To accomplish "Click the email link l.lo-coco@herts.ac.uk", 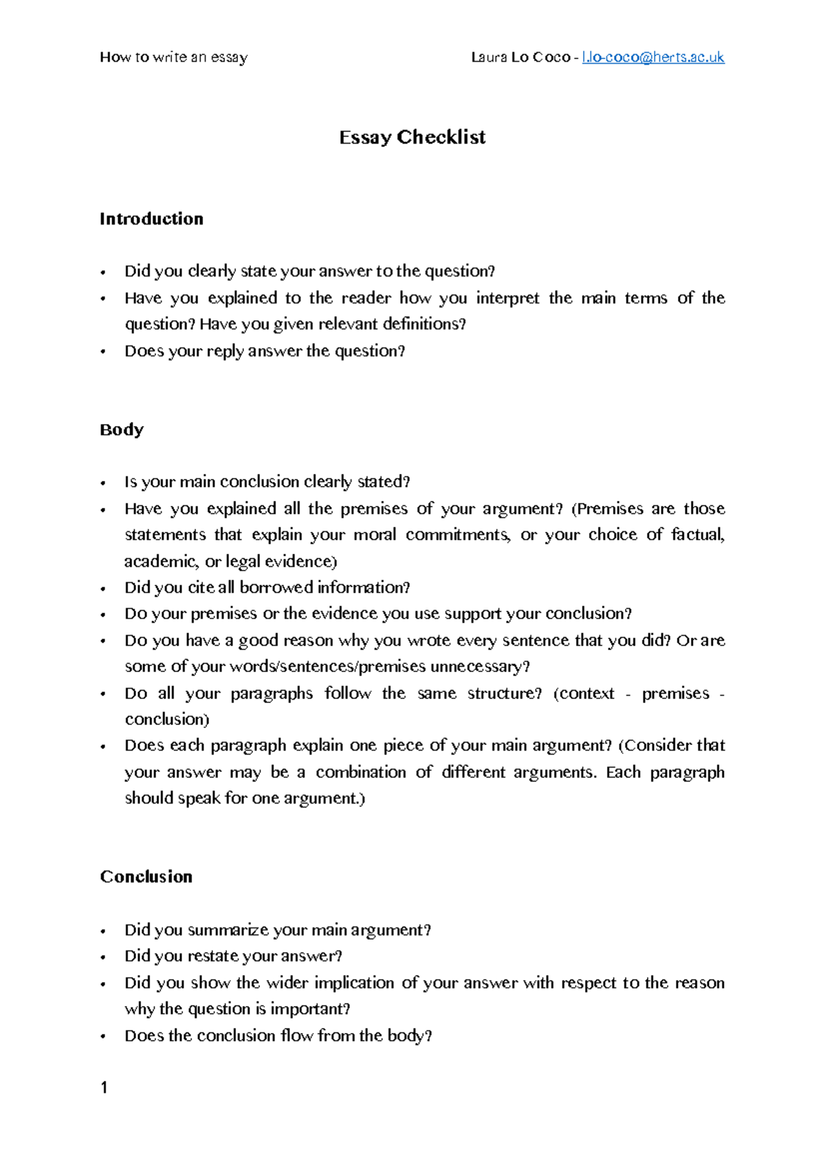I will point(652,58).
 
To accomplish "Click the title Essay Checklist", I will point(412,137).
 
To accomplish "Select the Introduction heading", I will point(151,219).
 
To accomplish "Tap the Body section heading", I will point(122,430).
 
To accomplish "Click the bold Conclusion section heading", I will point(146,877).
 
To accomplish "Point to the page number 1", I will point(104,1087).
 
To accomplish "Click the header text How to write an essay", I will point(173,58).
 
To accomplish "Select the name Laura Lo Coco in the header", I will point(520,58).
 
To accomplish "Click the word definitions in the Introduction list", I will point(423,324).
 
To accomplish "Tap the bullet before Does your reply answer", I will point(103,352).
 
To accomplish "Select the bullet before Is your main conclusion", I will point(103,483).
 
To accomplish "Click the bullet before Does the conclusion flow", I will point(103,1036).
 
